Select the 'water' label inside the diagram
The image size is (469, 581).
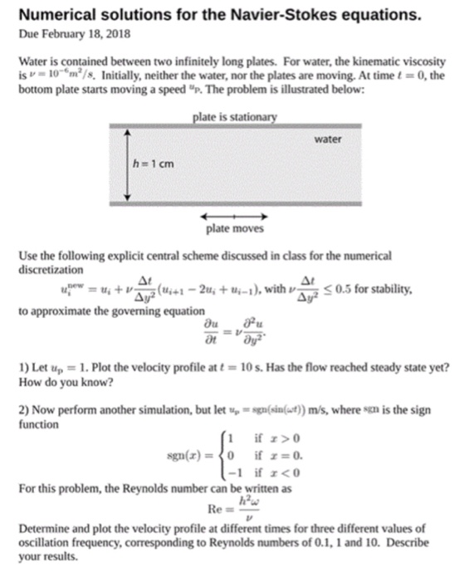[x=329, y=139]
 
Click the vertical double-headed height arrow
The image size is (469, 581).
[x=128, y=164]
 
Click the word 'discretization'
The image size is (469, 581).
[x=51, y=269]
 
